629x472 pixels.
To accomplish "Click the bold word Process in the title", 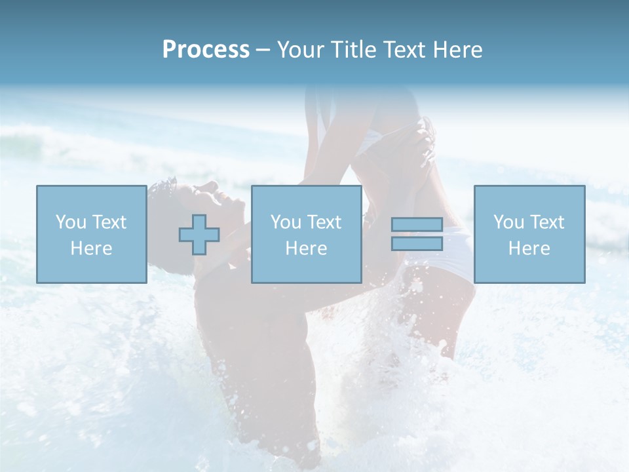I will [x=206, y=50].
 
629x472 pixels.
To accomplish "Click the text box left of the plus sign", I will [x=91, y=234].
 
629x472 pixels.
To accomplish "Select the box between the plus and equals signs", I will [x=306, y=234].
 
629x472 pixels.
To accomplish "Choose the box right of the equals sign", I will [x=529, y=234].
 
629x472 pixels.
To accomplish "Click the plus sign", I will [x=199, y=235].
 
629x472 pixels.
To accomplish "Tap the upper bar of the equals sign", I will [x=417, y=225].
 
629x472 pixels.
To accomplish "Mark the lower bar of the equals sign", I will [x=417, y=243].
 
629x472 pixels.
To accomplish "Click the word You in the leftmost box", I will [x=70, y=222].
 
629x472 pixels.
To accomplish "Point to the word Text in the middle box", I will [x=324, y=222].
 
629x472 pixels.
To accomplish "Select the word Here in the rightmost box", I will [x=529, y=248].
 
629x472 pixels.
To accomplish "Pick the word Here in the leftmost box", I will [x=91, y=248].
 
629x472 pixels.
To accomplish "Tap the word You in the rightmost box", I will [x=508, y=222].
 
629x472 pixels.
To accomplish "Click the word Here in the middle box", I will [x=306, y=248].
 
